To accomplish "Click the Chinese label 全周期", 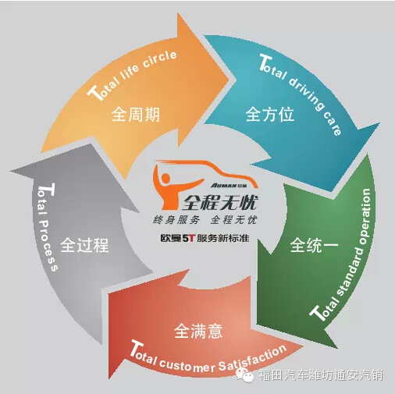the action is coord(136,115).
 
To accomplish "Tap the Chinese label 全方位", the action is coord(270,114).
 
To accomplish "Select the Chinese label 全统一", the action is coord(315,245).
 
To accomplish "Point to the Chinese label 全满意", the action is coord(198,331).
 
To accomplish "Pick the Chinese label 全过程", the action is coord(84,245).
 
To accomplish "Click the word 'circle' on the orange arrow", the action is coord(160,59).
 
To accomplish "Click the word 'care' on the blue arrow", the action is coord(333,123).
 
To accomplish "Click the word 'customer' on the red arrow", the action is coord(187,364).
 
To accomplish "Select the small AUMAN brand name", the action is coord(223,185).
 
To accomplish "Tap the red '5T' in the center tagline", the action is coord(188,238).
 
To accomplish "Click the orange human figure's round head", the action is coord(165,179).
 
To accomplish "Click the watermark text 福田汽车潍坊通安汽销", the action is coord(321,375).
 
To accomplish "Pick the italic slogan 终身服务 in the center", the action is coord(176,220).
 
